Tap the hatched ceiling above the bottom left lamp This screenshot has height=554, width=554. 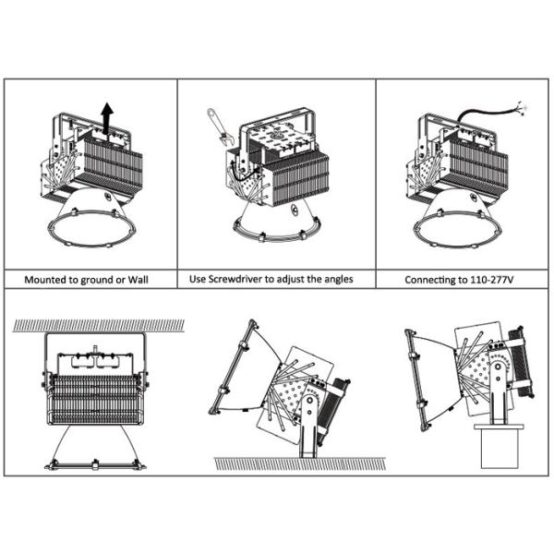(x=92, y=326)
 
